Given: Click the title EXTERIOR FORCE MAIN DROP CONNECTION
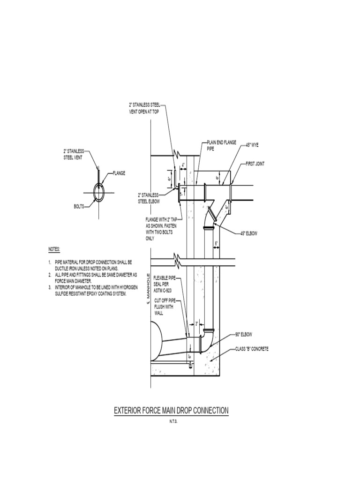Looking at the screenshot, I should pos(172,411).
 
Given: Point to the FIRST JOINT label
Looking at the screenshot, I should pos(256,165).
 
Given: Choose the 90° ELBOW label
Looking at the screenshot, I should pos(244,334).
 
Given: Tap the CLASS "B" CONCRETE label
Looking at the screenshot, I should pos(252,349).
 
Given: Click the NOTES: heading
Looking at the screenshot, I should pos(55,249).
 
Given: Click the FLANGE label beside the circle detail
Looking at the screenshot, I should pos(119,173).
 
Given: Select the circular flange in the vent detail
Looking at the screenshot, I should pos(99,192).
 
